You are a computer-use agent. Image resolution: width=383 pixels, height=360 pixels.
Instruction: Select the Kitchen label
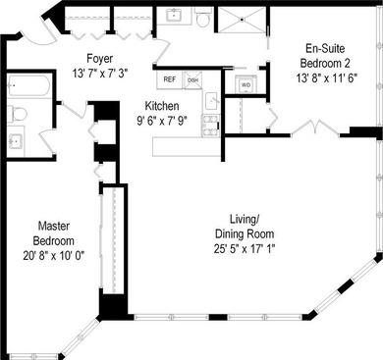pos(162,105)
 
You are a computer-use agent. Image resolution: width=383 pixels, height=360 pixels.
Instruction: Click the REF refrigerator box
pos(170,80)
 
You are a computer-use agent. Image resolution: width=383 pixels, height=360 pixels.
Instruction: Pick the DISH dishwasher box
pos(192,80)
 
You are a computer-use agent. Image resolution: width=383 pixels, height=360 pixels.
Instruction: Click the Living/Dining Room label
pos(244,227)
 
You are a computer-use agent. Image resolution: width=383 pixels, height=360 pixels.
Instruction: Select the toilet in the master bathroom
pos(17,114)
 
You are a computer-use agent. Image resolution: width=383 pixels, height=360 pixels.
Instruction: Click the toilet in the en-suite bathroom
pos(203,17)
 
